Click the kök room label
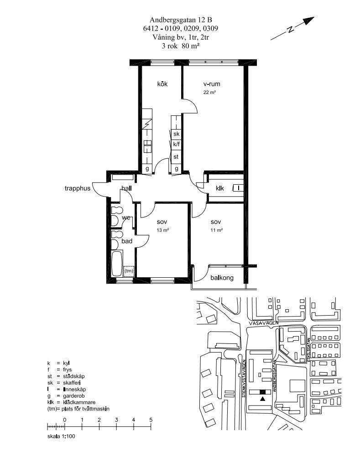point(162,84)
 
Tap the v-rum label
point(212,84)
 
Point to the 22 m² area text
point(209,92)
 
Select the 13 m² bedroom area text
point(163,230)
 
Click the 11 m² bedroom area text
point(217,230)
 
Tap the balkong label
point(222,278)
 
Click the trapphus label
point(77,188)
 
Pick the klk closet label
point(220,188)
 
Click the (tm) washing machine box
point(129,271)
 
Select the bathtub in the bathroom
point(117,264)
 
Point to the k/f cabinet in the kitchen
point(176,144)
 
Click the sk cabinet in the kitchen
point(176,134)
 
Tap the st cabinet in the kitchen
point(176,157)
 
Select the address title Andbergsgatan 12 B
point(181,20)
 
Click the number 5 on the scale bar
point(151,420)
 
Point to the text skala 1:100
point(61,436)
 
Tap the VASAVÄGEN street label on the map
point(264,323)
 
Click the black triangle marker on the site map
point(262,399)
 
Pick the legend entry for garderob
point(66,396)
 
